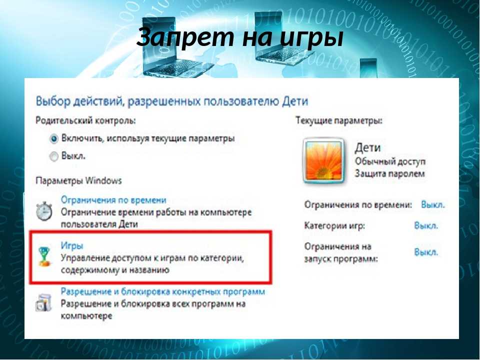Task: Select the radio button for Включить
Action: click(x=54, y=139)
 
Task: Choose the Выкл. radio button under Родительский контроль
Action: click(x=54, y=156)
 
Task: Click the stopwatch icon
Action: click(x=44, y=211)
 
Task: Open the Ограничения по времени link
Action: click(x=113, y=200)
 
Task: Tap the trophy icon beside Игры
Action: click(x=44, y=256)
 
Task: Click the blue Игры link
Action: click(x=72, y=246)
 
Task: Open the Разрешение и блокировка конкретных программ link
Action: click(x=163, y=291)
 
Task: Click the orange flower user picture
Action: click(x=323, y=160)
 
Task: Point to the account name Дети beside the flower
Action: click(x=367, y=148)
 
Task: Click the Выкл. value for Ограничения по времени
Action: click(x=433, y=204)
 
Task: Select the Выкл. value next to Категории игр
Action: click(x=426, y=225)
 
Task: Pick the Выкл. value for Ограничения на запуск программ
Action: click(x=426, y=252)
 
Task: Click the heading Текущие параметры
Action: click(x=339, y=120)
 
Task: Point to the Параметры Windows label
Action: click(x=78, y=180)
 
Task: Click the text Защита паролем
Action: click(x=389, y=173)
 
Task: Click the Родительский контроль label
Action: click(x=85, y=120)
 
